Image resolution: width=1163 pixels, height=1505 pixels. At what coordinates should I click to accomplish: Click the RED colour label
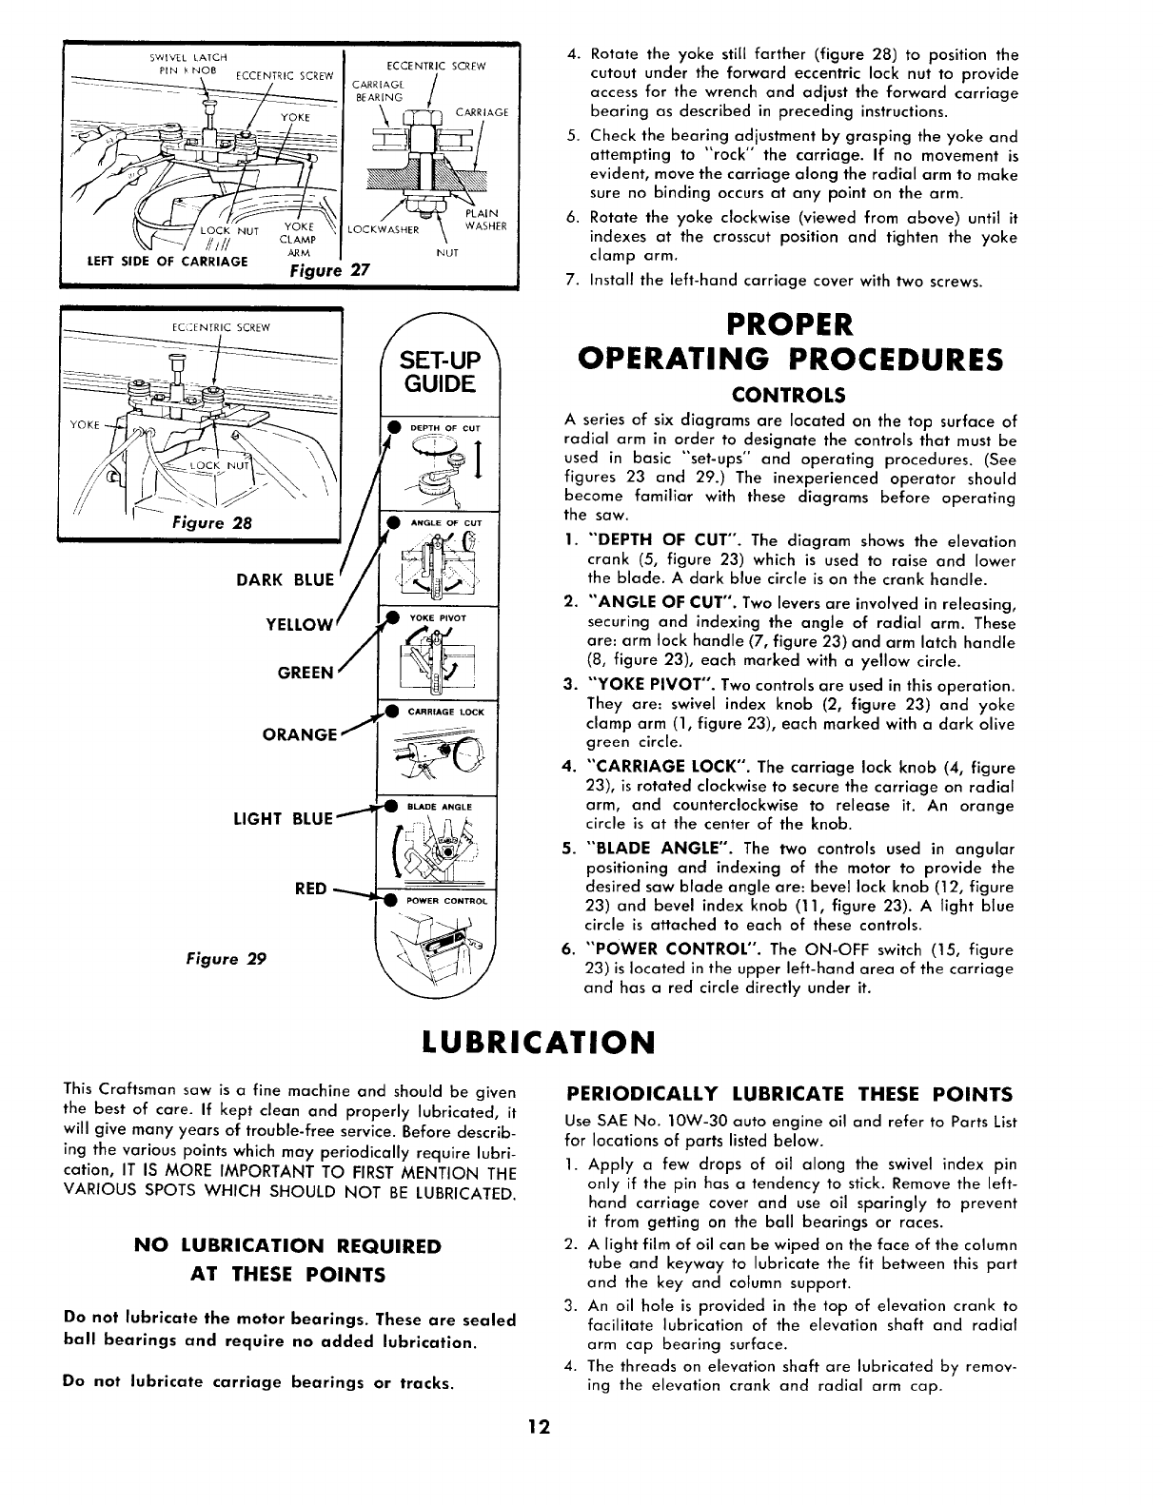pyautogui.click(x=310, y=889)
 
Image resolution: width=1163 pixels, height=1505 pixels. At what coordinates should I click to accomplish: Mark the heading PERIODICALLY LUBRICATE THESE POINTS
pyautogui.click(x=789, y=1092)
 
